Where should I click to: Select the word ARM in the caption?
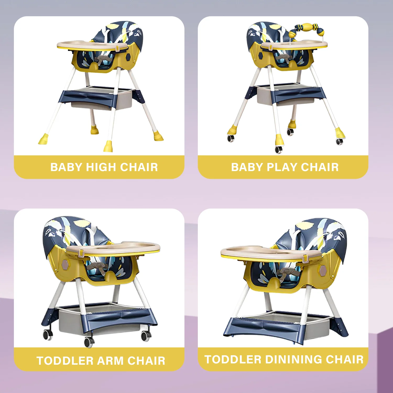click(110, 361)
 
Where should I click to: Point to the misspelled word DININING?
click(293, 359)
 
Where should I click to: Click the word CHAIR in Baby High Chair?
click(139, 167)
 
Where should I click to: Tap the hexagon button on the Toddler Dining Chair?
click(322, 270)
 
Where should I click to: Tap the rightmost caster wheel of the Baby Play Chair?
click(340, 141)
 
